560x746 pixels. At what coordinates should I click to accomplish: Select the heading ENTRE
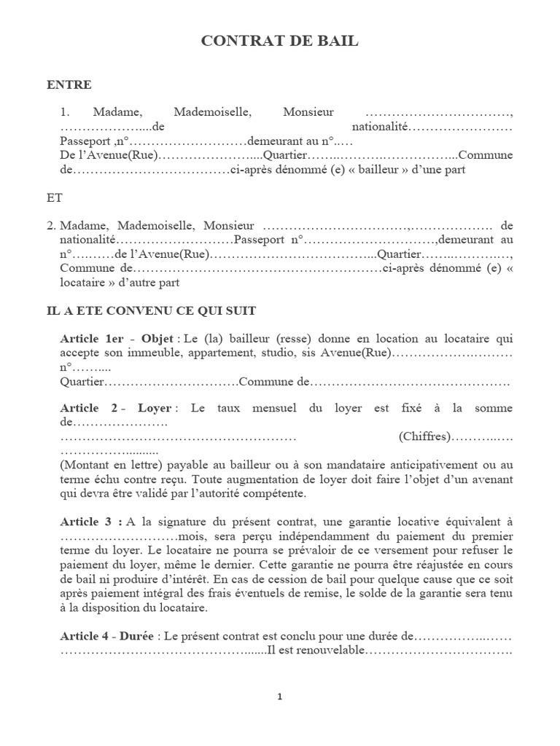point(69,85)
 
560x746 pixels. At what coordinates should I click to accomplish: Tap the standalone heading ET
point(54,197)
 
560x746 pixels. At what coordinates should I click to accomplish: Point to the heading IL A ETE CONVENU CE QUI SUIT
point(151,310)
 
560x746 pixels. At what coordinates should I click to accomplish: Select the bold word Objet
point(157,339)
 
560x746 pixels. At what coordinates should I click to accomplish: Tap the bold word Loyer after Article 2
point(154,409)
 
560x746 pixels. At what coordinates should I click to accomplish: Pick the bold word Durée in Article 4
point(136,635)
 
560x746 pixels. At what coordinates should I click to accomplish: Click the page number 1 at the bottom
point(280,696)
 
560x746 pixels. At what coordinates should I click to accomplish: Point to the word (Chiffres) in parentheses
point(424,436)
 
